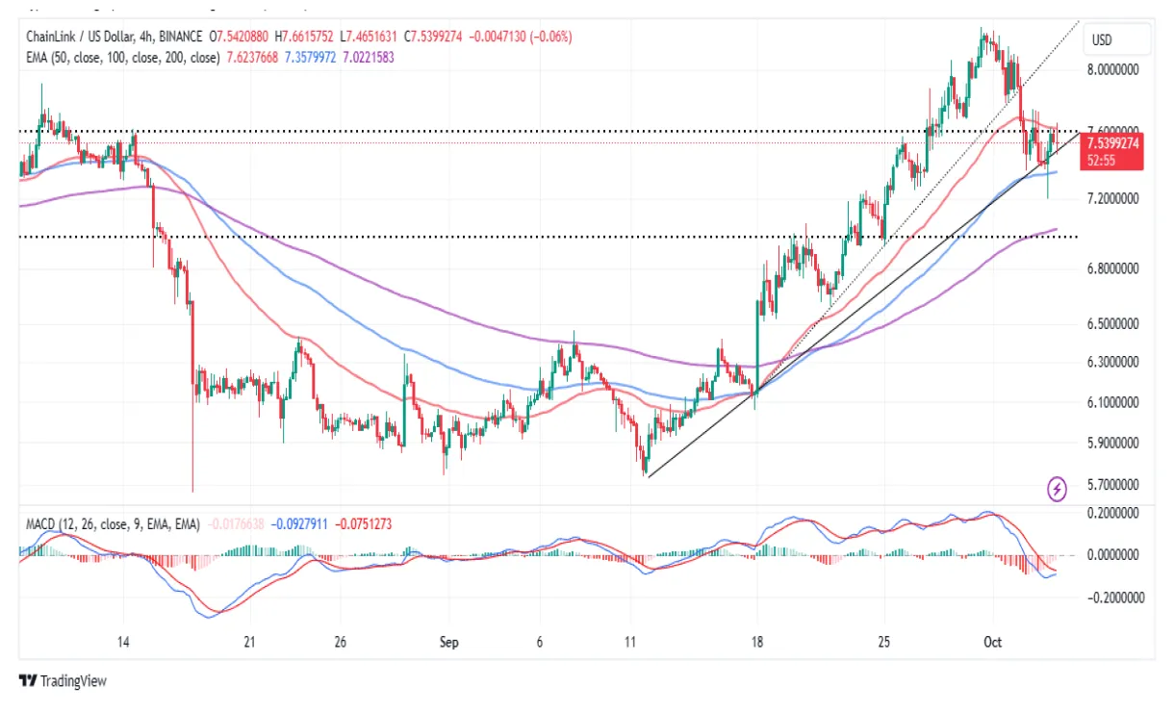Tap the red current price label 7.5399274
[x=1112, y=143]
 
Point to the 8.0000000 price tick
[x=1113, y=70]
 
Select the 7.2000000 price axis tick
[x=1113, y=198]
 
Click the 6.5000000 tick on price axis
[x=1113, y=324]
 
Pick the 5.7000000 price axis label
[x=1113, y=485]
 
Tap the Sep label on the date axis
[x=448, y=641]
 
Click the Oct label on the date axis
[x=992, y=641]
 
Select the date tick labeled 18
[x=757, y=641]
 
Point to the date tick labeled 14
[x=123, y=641]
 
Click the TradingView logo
[x=63, y=681]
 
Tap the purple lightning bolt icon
[x=1058, y=490]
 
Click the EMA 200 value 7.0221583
[x=368, y=57]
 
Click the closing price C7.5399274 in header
[x=433, y=37]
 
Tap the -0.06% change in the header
[x=552, y=37]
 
